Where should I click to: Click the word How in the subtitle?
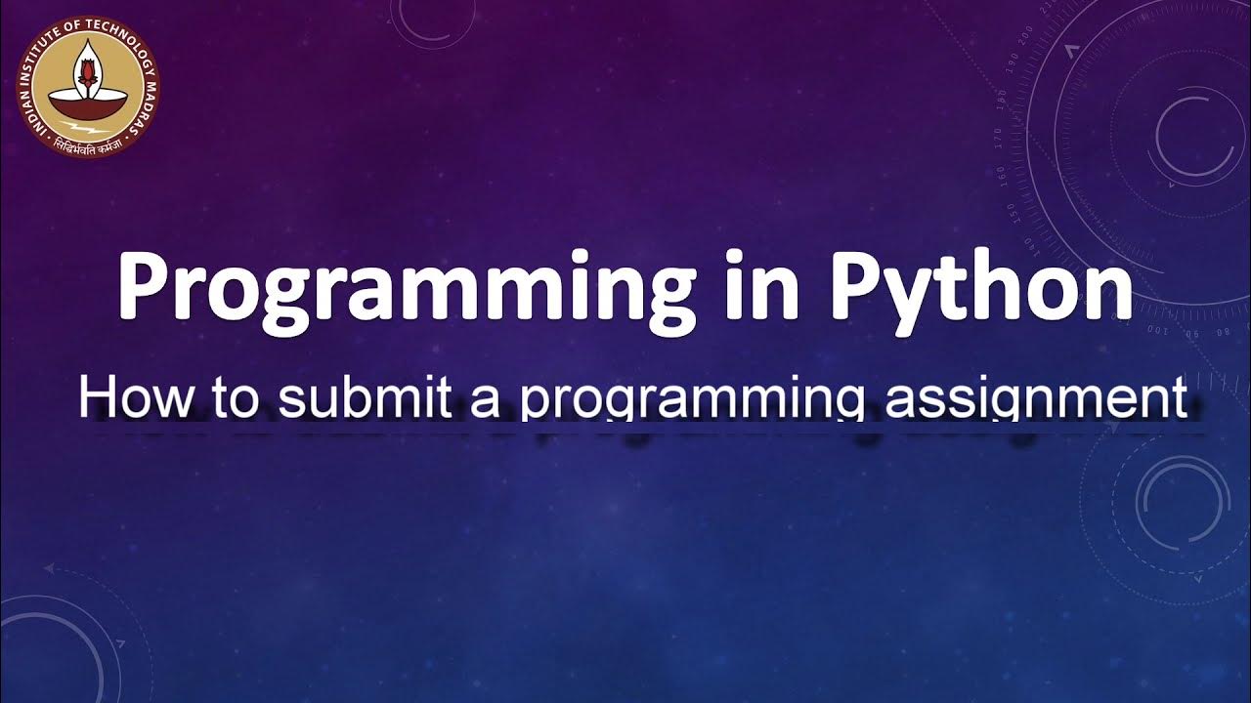123,399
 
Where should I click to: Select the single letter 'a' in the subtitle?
486,402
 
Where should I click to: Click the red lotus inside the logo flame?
88,72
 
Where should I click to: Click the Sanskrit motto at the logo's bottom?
87,149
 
